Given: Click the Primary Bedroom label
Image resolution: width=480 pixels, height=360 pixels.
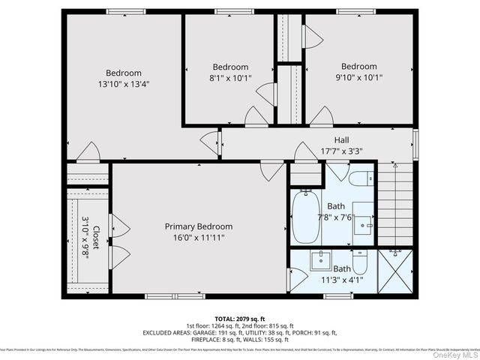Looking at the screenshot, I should [199, 226].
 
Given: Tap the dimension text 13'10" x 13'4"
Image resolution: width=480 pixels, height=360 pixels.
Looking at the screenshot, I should [124, 84].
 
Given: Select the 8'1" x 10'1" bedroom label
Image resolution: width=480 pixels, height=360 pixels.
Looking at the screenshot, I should [230, 77].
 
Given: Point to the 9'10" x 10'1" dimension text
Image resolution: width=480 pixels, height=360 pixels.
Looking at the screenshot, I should [358, 77].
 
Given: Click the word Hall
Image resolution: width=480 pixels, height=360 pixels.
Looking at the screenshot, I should [341, 139].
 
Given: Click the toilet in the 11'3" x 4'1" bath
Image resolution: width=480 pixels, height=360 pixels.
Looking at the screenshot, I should [360, 263].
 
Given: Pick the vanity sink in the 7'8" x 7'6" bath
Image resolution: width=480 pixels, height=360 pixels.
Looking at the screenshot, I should [364, 223].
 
